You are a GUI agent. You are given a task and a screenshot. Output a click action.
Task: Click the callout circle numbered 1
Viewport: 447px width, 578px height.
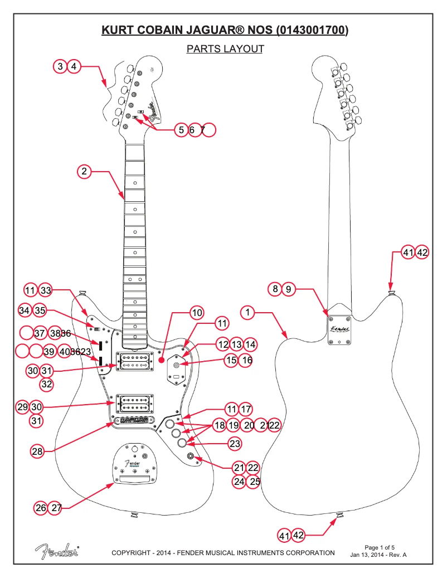[247, 312]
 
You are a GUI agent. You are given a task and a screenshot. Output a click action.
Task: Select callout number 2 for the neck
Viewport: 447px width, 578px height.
[84, 171]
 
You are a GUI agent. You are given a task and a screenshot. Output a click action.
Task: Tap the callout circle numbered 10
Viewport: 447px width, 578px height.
[197, 313]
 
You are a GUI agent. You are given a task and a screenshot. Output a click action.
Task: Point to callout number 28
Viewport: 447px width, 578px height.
[37, 452]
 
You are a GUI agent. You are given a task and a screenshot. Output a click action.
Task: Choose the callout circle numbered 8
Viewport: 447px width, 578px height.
[274, 289]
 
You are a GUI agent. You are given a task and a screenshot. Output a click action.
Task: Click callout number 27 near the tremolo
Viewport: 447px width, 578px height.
[56, 508]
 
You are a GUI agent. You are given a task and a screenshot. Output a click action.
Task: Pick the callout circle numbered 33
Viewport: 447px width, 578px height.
[46, 290]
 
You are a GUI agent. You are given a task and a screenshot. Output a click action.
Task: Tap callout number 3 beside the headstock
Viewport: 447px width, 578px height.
[60, 66]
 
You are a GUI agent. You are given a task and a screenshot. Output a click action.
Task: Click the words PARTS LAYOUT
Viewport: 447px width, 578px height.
[225, 49]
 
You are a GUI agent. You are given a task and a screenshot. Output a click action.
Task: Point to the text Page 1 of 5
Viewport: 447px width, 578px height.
[379, 547]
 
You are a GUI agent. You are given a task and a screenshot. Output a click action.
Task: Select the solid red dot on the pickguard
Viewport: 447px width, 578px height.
[161, 361]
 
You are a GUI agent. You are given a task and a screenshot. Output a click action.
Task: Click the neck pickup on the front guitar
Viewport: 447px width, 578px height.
[134, 361]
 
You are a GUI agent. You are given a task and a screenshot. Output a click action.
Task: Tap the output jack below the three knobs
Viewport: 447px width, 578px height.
[191, 457]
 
